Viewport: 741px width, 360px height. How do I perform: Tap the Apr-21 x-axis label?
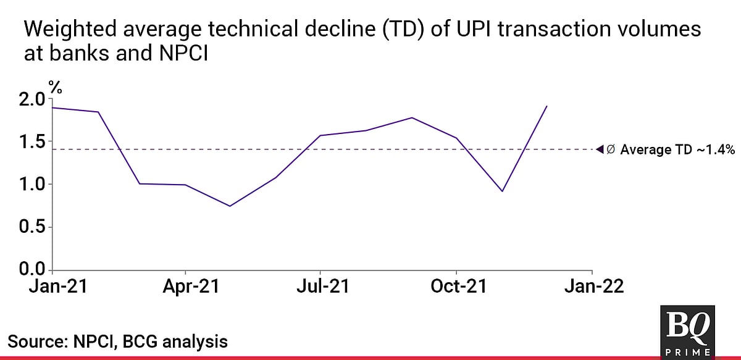(186, 287)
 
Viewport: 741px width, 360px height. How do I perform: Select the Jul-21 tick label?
(320, 287)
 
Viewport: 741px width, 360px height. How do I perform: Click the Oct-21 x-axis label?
(456, 287)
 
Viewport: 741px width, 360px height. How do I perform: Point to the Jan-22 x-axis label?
(592, 287)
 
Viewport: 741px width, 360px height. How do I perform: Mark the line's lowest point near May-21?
(230, 206)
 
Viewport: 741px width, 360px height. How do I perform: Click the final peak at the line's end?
(547, 106)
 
